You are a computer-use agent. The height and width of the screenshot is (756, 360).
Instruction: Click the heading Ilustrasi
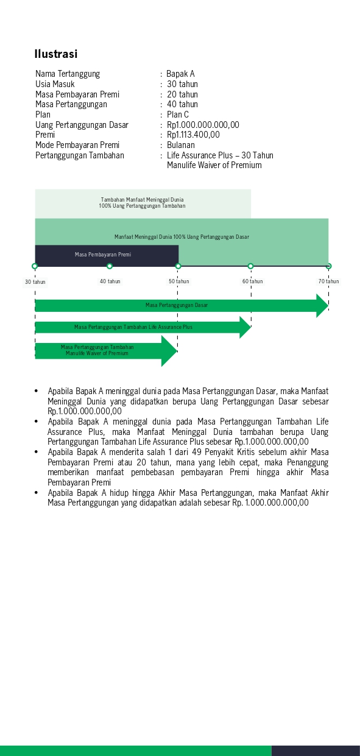coord(55,54)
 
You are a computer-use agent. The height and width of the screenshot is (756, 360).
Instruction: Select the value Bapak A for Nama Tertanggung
coord(181,74)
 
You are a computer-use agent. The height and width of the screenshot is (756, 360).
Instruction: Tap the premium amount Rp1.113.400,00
coord(193,135)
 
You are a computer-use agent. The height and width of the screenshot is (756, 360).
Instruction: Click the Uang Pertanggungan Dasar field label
coord(82,125)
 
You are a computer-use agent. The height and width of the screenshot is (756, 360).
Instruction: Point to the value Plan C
coord(178,115)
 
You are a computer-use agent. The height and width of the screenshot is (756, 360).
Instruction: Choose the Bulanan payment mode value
coord(181,145)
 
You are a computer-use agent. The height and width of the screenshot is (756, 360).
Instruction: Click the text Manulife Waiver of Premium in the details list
coord(214,165)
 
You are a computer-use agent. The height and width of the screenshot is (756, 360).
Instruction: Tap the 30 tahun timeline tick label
coord(35,282)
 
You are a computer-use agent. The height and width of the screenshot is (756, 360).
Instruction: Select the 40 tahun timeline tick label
coord(110,281)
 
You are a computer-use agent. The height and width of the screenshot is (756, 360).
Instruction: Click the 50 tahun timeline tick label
coord(179,281)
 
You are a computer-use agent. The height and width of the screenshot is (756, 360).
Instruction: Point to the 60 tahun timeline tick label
coord(252,281)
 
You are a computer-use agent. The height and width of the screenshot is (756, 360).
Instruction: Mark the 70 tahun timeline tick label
coord(328,281)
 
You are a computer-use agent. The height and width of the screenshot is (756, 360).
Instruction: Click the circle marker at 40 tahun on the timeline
coord(110,266)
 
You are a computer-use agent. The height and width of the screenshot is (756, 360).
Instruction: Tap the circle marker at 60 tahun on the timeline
coord(250,266)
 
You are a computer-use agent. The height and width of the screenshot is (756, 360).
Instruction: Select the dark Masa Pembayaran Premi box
coord(106,255)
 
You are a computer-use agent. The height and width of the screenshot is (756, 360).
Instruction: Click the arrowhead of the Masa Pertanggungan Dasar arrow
coord(322,305)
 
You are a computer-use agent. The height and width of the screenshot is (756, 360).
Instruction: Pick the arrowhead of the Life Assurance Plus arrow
coord(244,327)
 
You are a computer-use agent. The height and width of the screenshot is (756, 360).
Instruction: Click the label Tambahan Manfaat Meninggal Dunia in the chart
coord(142,199)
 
